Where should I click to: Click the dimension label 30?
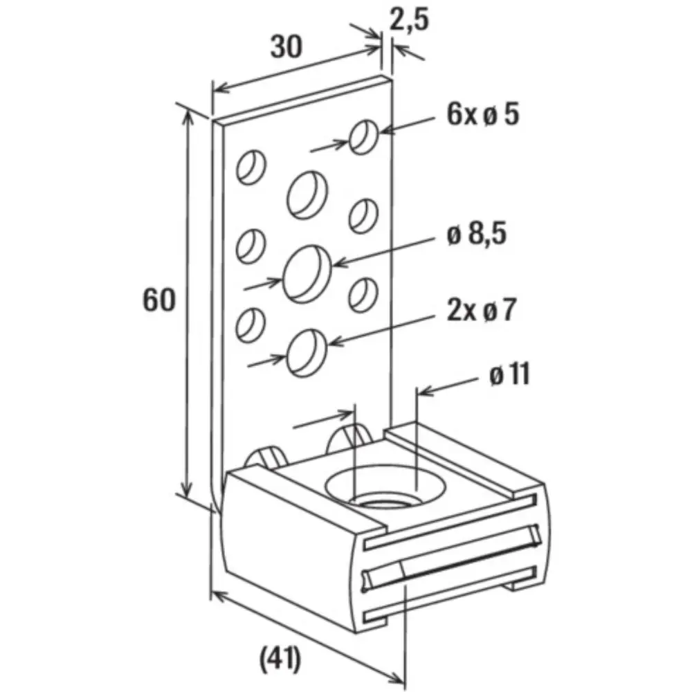coord(286,46)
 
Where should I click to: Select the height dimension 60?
coord(159,300)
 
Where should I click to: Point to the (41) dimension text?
coord(280,659)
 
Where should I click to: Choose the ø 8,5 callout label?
coord(477,234)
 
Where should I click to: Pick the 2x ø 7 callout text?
coord(481,310)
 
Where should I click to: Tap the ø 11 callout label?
coord(510,374)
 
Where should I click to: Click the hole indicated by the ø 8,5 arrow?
coord(307,274)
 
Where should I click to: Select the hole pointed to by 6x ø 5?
coord(364,137)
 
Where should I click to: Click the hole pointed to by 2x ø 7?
coord(307,353)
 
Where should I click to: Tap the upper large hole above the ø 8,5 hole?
coord(308,194)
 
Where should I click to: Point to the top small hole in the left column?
coord(251,167)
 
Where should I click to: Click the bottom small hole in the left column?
coord(251,325)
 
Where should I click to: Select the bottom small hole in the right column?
coord(363,295)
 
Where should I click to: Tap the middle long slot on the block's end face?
coord(451,557)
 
